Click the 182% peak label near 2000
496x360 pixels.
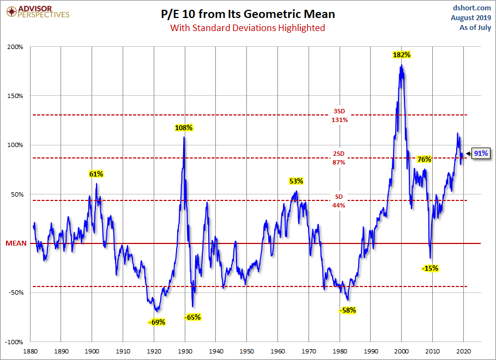(x=402, y=55)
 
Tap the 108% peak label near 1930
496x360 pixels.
(x=184, y=128)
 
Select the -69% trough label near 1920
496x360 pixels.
(x=156, y=322)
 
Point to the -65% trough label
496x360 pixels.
(x=192, y=317)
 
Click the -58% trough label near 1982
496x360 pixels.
(x=347, y=310)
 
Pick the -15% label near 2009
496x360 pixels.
(x=430, y=268)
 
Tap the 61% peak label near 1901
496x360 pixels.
(x=96, y=174)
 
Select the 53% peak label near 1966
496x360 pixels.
(x=296, y=181)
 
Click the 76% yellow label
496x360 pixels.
(x=424, y=160)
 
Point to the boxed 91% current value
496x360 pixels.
(x=480, y=154)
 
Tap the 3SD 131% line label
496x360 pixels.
(x=339, y=115)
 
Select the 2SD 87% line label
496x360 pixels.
(x=339, y=158)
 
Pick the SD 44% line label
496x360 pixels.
(x=339, y=201)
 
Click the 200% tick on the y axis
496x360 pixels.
(x=15, y=47)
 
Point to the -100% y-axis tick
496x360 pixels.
(x=14, y=342)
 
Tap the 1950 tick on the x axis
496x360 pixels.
(x=247, y=351)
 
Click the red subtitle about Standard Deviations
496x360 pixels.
(x=247, y=28)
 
